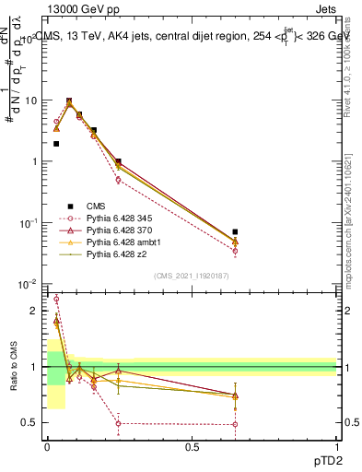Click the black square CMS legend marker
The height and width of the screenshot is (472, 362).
(x=68, y=205)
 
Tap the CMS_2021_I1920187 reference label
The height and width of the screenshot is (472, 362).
(x=192, y=276)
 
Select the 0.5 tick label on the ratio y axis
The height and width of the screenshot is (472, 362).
(x=31, y=423)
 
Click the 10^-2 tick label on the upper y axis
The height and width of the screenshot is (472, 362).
(x=28, y=284)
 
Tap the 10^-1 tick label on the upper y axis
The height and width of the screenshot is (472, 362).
(x=28, y=223)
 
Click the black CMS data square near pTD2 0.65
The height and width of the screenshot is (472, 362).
(x=235, y=231)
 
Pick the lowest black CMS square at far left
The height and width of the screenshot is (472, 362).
(x=56, y=144)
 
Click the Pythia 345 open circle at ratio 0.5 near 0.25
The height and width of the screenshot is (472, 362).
(x=118, y=424)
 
